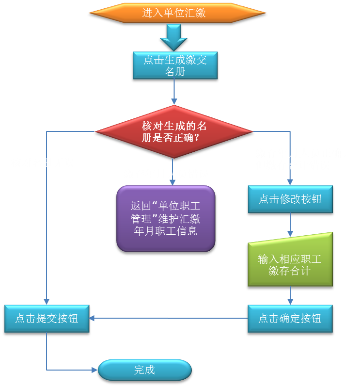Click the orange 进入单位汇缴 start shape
pyautogui.click(x=177, y=13)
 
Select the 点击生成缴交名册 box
pyautogui.click(x=175, y=65)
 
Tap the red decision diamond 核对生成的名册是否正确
pyautogui.click(x=174, y=131)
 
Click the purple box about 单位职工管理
pyautogui.click(x=165, y=218)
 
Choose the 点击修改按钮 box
pyautogui.click(x=290, y=199)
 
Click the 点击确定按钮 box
pyautogui.click(x=290, y=318)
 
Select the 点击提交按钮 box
pyautogui.click(x=47, y=318)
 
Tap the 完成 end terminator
pyautogui.click(x=144, y=370)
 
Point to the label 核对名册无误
pyautogui.click(x=43, y=162)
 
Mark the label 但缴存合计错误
pyautogui.click(x=293, y=165)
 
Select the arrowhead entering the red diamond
pyautogui.click(x=174, y=101)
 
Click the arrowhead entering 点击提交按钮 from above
pyautogui.click(x=47, y=301)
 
